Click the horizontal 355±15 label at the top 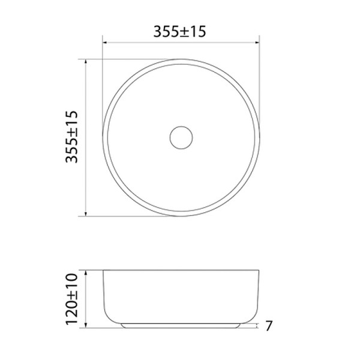point(179,32)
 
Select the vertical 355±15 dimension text point(73,136)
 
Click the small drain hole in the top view point(180,137)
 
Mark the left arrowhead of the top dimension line point(105,43)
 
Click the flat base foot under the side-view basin point(180,326)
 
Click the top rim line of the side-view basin point(180,270)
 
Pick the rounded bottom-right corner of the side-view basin point(251,317)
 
